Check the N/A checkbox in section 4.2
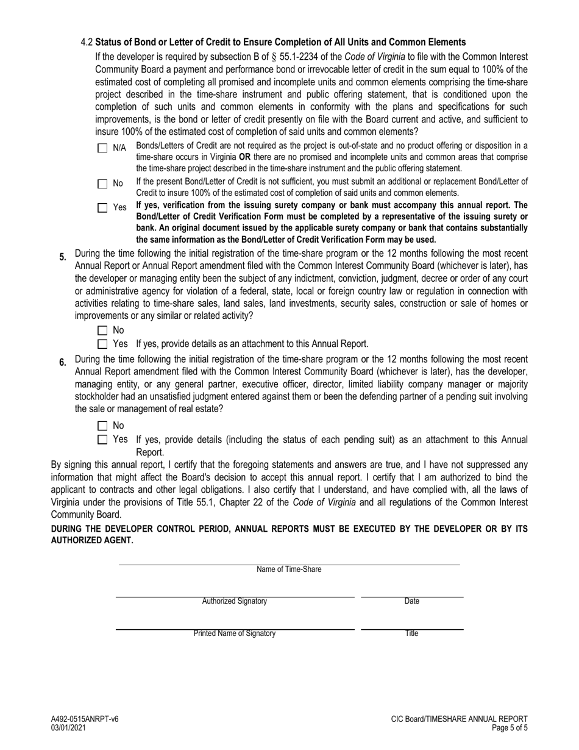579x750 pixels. pos(102,148)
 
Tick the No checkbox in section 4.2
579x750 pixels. pos(102,184)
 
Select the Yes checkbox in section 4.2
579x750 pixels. pos(102,208)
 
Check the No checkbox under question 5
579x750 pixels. pos(102,330)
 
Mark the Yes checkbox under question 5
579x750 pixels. pos(102,344)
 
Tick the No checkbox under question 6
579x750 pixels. pos(102,426)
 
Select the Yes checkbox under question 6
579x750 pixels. pos(102,439)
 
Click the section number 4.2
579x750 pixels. pos(87,42)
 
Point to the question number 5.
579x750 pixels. pos(63,257)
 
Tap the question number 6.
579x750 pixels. pos(63,363)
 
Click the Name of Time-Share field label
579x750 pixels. pos(289,570)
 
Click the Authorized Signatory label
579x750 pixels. pos(234,601)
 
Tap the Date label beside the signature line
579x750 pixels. pos(412,601)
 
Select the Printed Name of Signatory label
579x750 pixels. pos(234,633)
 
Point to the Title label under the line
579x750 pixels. pos(412,633)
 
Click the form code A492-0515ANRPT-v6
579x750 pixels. pos(85,719)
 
